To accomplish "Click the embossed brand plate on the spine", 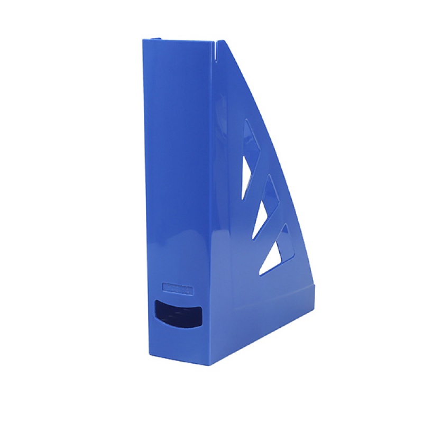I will pos(178,290).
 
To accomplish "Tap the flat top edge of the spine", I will pos(180,41).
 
